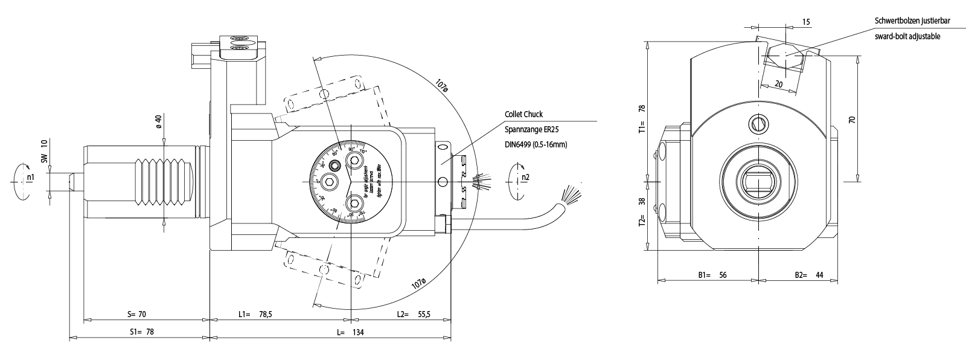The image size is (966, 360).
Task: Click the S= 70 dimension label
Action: pyautogui.click(x=137, y=314)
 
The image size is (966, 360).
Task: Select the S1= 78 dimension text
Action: pyautogui.click(x=142, y=332)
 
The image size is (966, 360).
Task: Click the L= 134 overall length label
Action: pyautogui.click(x=350, y=332)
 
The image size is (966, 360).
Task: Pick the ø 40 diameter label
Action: pyautogui.click(x=158, y=121)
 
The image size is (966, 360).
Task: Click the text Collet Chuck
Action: pyautogui.click(x=524, y=114)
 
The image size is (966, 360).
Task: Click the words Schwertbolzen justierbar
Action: pyautogui.click(x=912, y=21)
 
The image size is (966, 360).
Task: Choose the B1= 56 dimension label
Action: pyautogui.click(x=712, y=275)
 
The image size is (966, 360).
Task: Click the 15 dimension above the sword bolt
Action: pyautogui.click(x=806, y=22)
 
